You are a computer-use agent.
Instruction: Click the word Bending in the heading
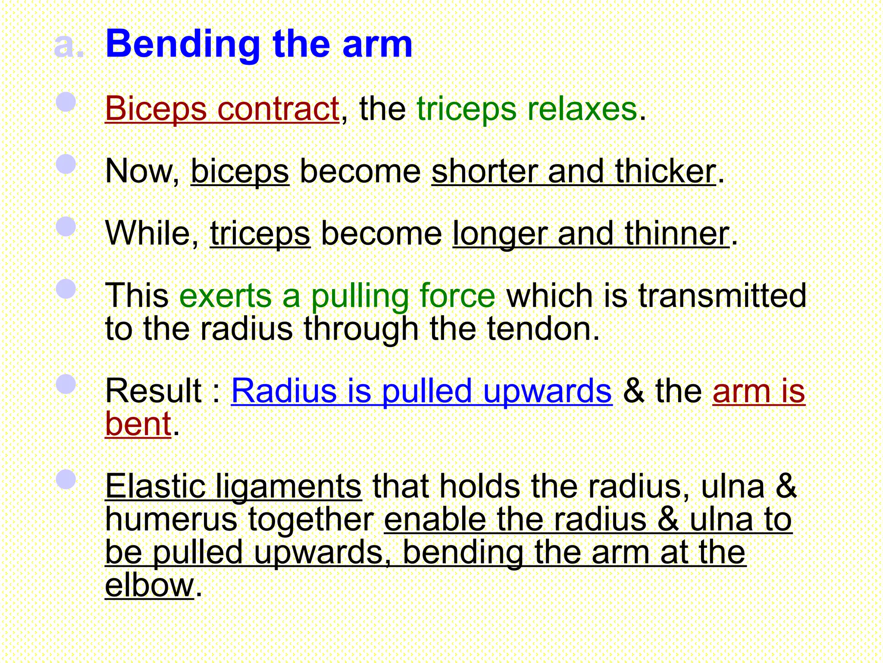click(x=183, y=44)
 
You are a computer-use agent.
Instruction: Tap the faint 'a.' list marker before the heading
click(x=69, y=46)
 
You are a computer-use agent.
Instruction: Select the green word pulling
click(x=360, y=296)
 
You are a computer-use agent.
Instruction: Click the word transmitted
click(x=722, y=296)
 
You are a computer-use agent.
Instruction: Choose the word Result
click(x=153, y=391)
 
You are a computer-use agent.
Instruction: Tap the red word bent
click(x=138, y=424)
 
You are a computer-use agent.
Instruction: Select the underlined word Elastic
click(x=155, y=486)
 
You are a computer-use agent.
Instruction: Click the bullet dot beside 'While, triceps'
click(x=66, y=226)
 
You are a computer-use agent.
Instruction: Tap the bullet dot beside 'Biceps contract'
click(x=66, y=102)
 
